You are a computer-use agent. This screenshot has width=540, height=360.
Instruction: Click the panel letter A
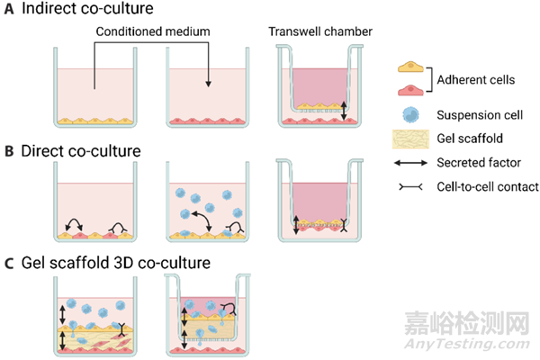pyautogui.click(x=7, y=12)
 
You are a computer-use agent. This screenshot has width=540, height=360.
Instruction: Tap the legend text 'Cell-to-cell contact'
pyautogui.click(x=491, y=186)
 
